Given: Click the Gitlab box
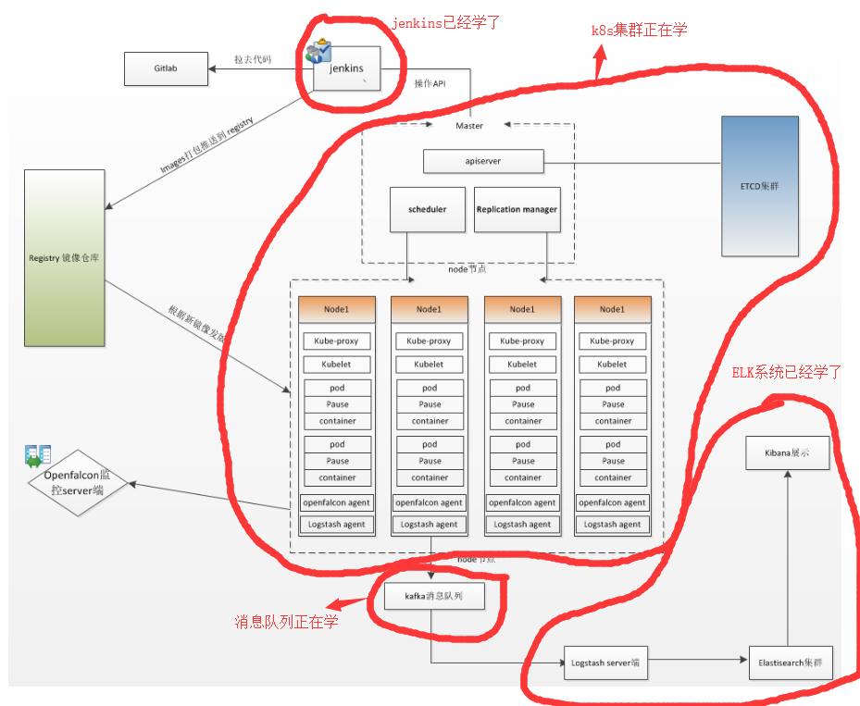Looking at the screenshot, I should (x=166, y=68).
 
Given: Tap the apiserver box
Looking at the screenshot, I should (x=482, y=161).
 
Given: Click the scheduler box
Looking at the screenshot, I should (x=427, y=210).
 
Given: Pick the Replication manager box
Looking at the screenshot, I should (x=517, y=210).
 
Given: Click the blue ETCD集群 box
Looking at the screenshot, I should (x=759, y=185).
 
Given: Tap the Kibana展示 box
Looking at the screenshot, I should (x=789, y=453).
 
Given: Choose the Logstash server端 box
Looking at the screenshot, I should (x=605, y=663).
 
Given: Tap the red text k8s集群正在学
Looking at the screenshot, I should (x=639, y=30).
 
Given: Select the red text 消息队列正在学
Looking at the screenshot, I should (x=286, y=621).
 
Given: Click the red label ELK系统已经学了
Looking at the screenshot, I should (x=786, y=372).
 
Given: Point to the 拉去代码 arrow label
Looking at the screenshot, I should (x=252, y=60).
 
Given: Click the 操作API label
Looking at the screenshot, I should (x=429, y=83).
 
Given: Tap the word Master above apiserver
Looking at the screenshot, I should (x=469, y=126).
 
